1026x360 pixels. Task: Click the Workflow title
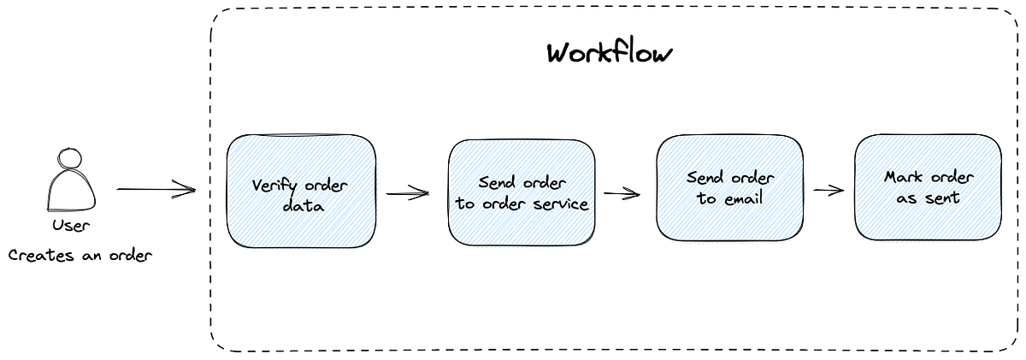[610, 53]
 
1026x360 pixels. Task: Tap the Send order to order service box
[522, 192]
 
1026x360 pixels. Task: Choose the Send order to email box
[729, 187]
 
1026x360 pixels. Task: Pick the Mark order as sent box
[927, 187]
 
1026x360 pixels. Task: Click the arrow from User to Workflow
[156, 190]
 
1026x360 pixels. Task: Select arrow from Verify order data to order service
[408, 194]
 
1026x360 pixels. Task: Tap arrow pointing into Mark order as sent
[828, 191]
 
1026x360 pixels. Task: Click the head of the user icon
[70, 159]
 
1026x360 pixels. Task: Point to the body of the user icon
[71, 192]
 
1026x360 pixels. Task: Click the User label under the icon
[70, 226]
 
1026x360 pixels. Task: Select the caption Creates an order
[80, 255]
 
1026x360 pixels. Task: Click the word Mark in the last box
[903, 178]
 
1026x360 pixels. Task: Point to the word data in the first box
[300, 205]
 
